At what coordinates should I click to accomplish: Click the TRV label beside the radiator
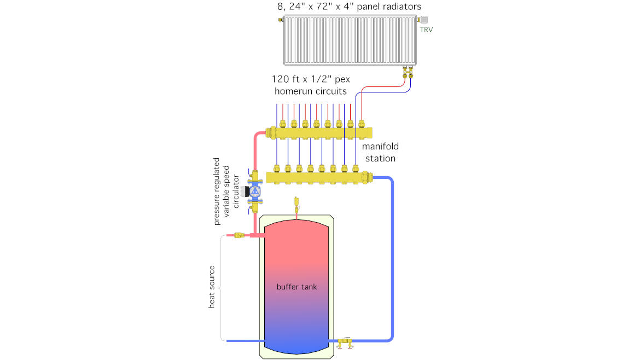click(x=426, y=30)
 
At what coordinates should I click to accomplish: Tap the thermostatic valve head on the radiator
click(x=423, y=20)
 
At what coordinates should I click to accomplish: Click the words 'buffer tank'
click(x=296, y=287)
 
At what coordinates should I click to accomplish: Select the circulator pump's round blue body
click(x=255, y=191)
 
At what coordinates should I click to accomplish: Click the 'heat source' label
click(x=212, y=287)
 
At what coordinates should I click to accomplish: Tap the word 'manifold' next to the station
click(x=380, y=146)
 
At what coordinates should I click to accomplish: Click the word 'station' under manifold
click(x=380, y=158)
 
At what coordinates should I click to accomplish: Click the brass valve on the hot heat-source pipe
click(x=239, y=235)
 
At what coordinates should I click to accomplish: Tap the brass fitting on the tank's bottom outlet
click(x=345, y=342)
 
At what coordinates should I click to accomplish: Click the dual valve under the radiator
click(x=408, y=72)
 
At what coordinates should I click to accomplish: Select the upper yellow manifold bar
click(x=319, y=133)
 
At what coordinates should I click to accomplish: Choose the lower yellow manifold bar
click(x=319, y=178)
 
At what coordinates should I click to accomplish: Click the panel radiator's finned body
click(x=350, y=40)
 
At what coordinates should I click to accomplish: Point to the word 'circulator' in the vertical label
click(x=236, y=191)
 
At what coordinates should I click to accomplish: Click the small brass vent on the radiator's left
click(x=281, y=20)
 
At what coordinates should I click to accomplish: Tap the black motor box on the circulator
click(x=245, y=191)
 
